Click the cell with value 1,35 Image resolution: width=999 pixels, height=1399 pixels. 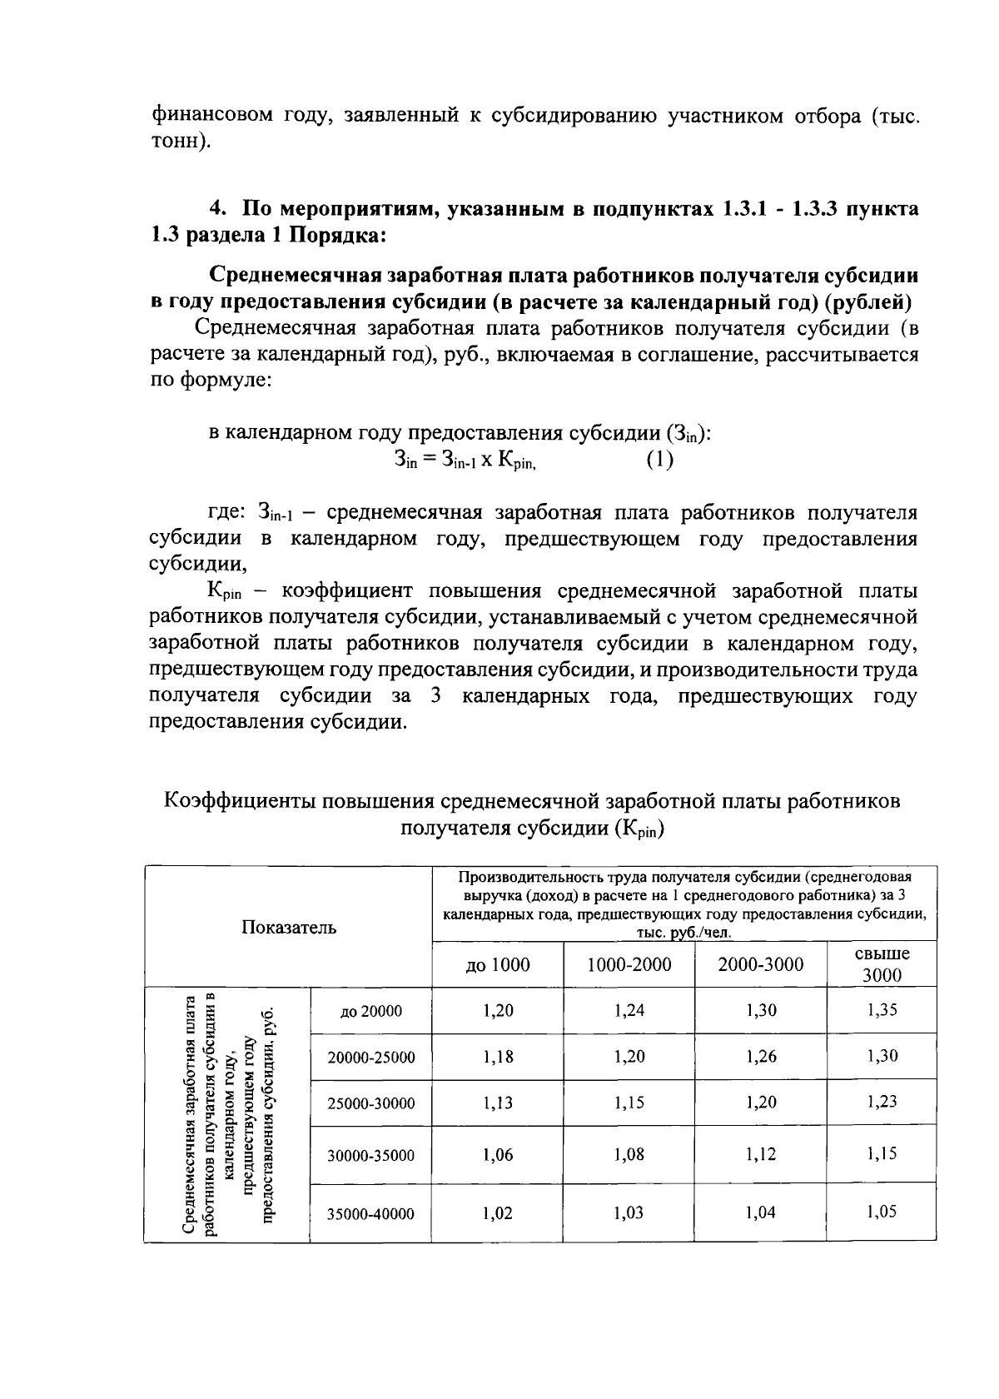point(882,1010)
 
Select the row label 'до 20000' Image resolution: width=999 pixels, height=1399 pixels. point(371,1011)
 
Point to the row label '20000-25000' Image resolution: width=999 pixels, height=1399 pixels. point(371,1058)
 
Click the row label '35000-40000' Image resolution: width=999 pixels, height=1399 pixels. point(370,1214)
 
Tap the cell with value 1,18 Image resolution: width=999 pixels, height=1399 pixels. point(498,1057)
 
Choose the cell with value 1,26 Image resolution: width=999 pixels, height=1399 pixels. point(761,1057)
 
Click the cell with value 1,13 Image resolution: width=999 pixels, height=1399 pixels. point(498,1103)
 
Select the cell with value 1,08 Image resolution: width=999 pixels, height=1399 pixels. point(629,1154)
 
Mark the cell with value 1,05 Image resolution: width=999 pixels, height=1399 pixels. point(882,1212)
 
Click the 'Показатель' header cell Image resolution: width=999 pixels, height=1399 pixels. point(289,928)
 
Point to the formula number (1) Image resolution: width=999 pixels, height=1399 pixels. point(659,460)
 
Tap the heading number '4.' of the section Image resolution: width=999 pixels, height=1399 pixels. point(218,209)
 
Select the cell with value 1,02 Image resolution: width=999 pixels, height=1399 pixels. point(498,1213)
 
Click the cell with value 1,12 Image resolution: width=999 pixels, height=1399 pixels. point(761,1154)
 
